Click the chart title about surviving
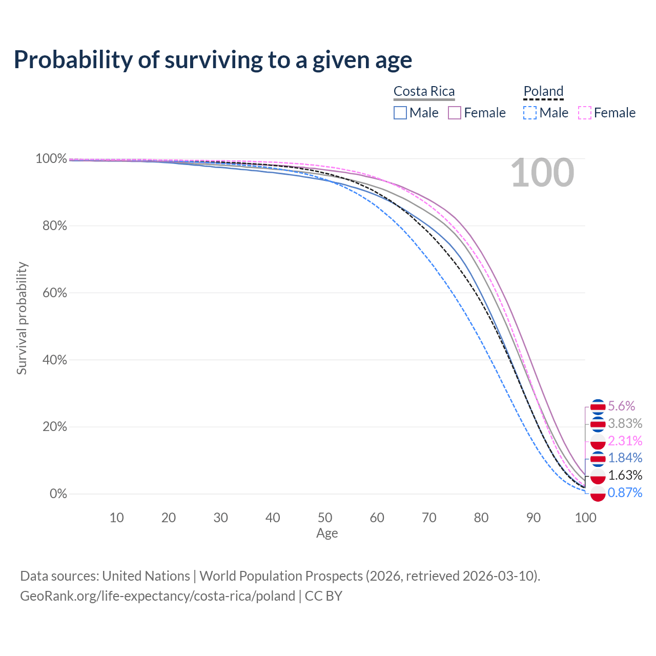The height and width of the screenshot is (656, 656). [213, 59]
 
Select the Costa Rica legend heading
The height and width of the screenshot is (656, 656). [424, 91]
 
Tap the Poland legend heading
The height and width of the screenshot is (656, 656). [543, 91]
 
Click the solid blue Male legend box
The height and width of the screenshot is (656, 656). [400, 113]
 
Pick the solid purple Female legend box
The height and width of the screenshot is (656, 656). [455, 113]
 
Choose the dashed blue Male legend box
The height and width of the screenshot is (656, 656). [530, 113]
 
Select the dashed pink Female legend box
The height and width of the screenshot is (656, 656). [585, 113]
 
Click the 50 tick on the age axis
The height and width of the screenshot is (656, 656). [325, 518]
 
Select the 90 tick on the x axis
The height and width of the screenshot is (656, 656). [534, 518]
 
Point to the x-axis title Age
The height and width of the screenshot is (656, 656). [327, 534]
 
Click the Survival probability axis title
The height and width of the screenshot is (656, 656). [22, 318]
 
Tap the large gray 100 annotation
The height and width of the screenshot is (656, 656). [542, 173]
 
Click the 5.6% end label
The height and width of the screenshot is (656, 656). [621, 406]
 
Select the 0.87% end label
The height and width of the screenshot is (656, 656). [625, 493]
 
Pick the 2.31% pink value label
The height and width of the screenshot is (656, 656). [625, 441]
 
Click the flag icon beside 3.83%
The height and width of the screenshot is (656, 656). [598, 424]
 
